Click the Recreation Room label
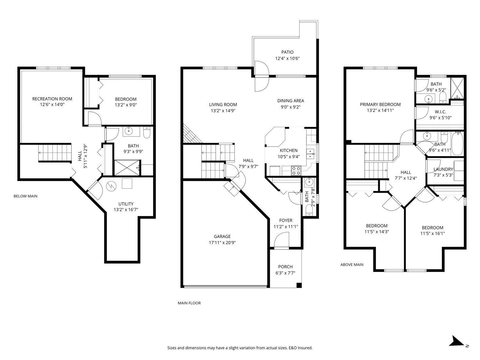click(x=52, y=99)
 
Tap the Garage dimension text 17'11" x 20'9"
click(x=222, y=243)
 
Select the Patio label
click(x=287, y=52)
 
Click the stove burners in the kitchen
click(x=296, y=170)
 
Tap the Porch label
click(x=285, y=267)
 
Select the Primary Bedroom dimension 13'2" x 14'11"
click(x=380, y=110)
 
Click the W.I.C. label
click(x=440, y=112)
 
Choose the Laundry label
click(x=443, y=169)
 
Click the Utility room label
click(x=126, y=204)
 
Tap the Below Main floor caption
click(x=25, y=196)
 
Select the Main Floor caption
click(x=189, y=303)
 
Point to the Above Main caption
click(x=352, y=265)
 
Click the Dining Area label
click(x=291, y=101)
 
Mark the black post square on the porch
click(x=299, y=285)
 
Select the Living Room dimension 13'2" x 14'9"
click(x=223, y=111)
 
